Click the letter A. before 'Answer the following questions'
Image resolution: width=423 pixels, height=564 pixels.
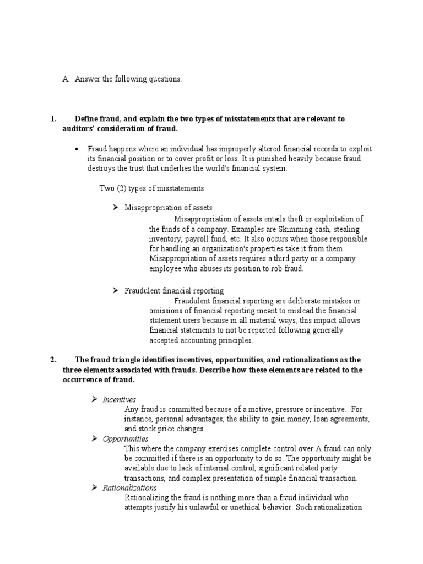(65, 79)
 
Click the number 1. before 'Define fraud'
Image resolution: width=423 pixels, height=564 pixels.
(53, 119)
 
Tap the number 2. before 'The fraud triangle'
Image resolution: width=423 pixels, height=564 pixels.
(53, 360)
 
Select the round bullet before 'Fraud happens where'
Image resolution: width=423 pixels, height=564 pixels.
(77, 149)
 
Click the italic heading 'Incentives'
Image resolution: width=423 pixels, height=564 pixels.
(120, 399)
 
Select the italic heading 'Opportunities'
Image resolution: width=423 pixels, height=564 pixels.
(126, 439)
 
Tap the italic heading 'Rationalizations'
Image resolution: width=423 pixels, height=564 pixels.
(129, 488)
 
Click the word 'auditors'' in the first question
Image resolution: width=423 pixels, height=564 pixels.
(78, 128)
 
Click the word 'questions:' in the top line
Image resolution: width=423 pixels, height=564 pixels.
(164, 79)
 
